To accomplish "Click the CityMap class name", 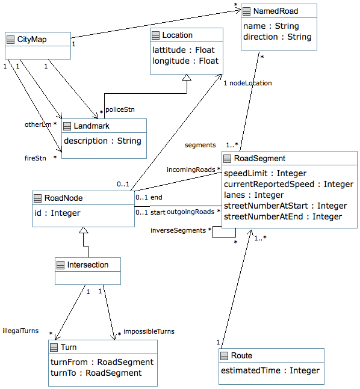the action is (x=32, y=40).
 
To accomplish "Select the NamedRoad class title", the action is (x=276, y=11).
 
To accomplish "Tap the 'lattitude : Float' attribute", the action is (x=184, y=50).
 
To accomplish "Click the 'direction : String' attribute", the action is (x=278, y=37).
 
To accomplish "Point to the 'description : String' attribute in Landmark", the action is (x=102, y=141).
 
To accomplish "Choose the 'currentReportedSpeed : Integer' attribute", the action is (x=288, y=184).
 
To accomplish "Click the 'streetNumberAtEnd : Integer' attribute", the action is (x=283, y=216).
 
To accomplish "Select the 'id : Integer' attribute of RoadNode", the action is (x=57, y=213).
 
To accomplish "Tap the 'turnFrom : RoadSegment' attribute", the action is (x=102, y=362).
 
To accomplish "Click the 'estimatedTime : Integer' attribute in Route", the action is (x=270, y=370).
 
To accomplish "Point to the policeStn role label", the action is (x=120, y=109).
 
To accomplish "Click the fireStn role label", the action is (x=36, y=158).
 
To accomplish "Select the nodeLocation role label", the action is (x=250, y=83).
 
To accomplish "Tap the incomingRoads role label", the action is (x=191, y=170).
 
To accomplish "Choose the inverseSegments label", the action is (x=178, y=230).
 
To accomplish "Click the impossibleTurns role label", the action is (x=149, y=331).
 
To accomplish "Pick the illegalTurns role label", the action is (x=20, y=331).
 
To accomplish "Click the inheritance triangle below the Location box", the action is (x=187, y=78).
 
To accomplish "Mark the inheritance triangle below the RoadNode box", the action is (x=84, y=230).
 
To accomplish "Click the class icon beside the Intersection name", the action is (x=60, y=265).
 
